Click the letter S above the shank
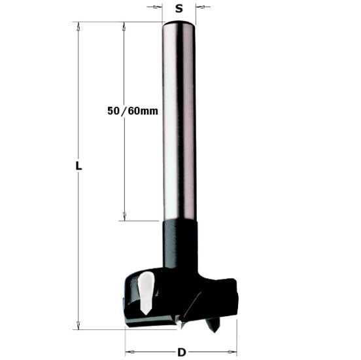tap(179, 9)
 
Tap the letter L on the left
tap(78, 166)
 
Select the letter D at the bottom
tap(181, 353)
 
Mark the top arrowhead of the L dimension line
tap(78, 26)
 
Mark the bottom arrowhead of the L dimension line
tap(78, 325)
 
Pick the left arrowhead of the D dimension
tap(129, 353)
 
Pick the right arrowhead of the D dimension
tap(232, 353)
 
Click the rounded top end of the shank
tap(179, 24)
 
